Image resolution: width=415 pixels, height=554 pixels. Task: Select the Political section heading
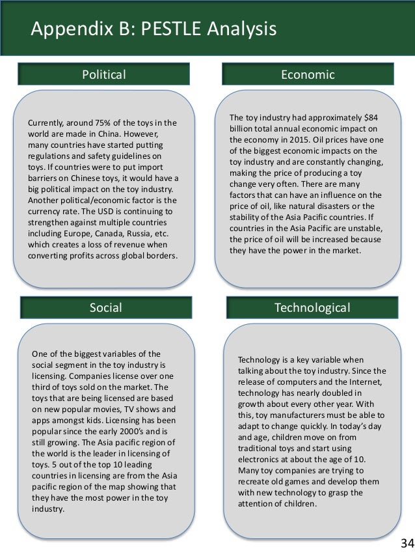tap(104, 75)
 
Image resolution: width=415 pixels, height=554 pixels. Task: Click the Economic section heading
tap(308, 75)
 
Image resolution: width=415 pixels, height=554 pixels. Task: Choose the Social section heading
tap(105, 307)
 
